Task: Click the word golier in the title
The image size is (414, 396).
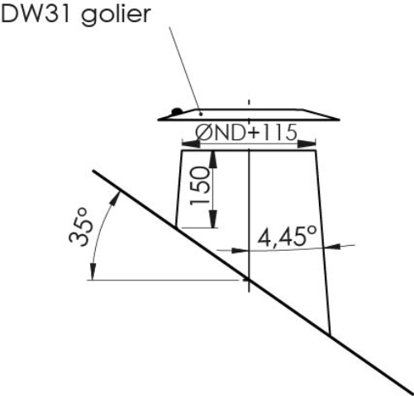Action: coord(116,15)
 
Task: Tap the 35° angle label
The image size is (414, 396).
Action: coord(81,227)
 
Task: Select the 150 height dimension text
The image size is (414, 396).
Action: coord(200,186)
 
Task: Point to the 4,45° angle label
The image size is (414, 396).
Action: coord(287,237)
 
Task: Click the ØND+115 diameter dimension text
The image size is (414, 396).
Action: coord(246,133)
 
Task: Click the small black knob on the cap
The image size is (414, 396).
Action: coord(177,111)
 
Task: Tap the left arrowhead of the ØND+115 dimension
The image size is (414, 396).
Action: coord(191,144)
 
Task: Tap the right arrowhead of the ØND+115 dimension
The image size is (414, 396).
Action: coord(307,144)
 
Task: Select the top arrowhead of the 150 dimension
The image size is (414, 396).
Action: coord(213,159)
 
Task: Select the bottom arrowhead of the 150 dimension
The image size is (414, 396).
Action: coord(213,219)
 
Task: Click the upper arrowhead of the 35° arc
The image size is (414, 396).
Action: coord(115,198)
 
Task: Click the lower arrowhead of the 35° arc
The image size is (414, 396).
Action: coord(93,271)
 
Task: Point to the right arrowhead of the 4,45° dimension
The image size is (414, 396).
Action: coord(331,247)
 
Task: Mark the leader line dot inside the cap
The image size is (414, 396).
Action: coord(202,114)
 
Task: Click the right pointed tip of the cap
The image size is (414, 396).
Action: coord(339,120)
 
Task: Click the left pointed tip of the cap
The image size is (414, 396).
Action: coord(159,120)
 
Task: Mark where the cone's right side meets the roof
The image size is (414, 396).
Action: coord(330,334)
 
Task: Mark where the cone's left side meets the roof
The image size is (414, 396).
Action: coord(176,228)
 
